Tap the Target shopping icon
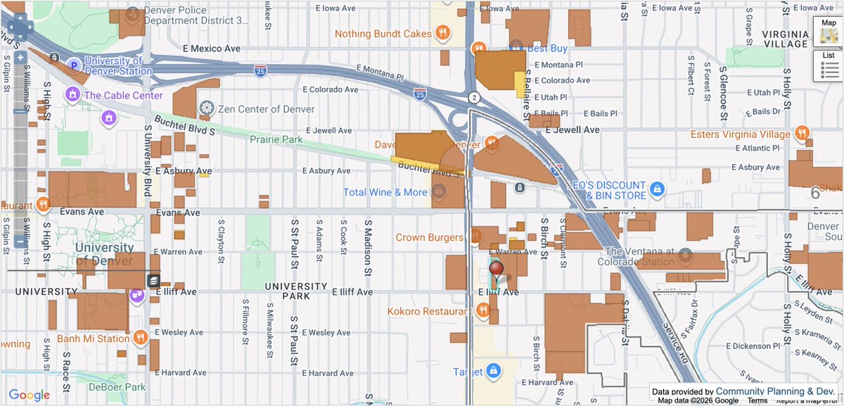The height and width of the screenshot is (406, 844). coord(494,371)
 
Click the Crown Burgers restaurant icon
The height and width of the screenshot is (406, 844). coord(475,237)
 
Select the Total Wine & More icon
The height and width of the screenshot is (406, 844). coord(439,191)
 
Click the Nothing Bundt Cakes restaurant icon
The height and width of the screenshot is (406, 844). coord(442,32)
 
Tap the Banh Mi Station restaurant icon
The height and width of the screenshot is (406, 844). coord(141,338)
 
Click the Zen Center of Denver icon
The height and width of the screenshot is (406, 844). coord(206,108)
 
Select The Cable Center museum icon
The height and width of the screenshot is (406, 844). coord(72,94)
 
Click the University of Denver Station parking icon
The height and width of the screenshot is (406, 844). coord(72,66)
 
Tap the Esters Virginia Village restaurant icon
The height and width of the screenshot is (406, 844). coord(802,134)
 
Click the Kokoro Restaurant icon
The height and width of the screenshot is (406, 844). coord(482,310)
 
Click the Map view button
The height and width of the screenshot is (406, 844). coord(829,32)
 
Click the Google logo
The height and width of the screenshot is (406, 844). coord(29,395)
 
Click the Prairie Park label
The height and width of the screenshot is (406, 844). coord(276,139)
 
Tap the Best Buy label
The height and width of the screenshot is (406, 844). coord(547,49)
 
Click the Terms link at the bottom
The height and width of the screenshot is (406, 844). coord(757,400)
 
